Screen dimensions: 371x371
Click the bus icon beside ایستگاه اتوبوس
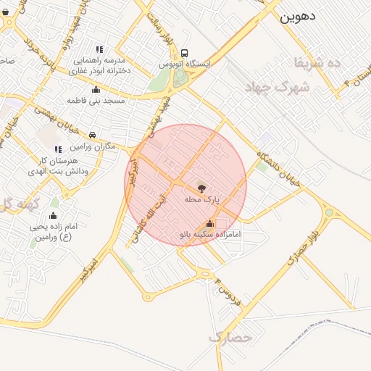[185, 53]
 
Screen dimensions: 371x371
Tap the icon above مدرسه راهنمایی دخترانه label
[100, 49]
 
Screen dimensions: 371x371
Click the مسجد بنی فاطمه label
[97, 99]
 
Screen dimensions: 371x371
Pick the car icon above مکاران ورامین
[93, 136]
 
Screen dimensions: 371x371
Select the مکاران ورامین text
[91, 146]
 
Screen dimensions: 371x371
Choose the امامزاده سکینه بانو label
[210, 235]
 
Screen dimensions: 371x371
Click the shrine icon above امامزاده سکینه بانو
[210, 224]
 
